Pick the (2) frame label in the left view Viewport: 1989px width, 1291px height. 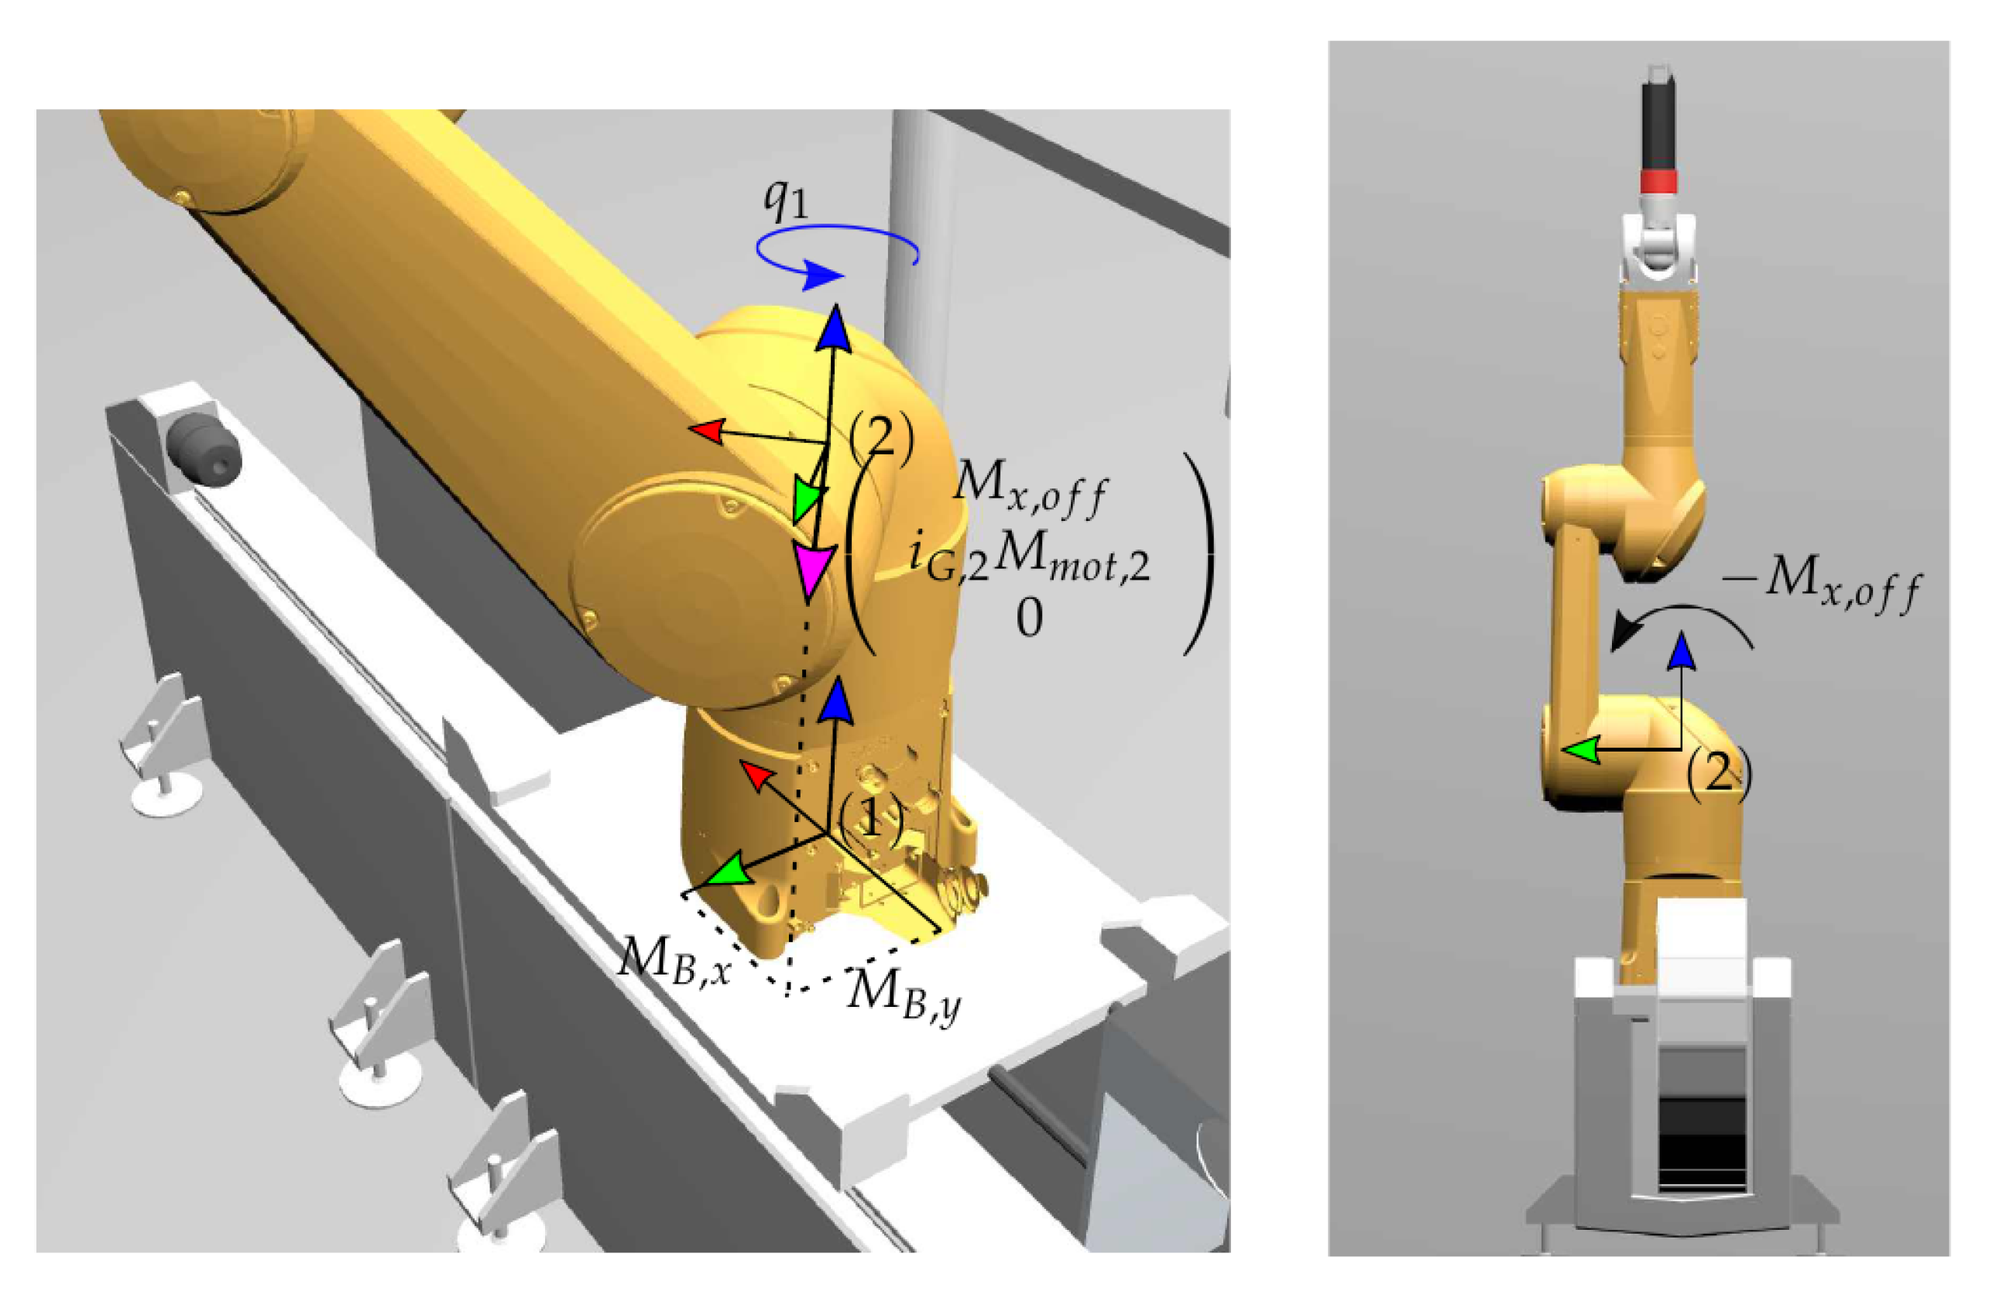[x=882, y=434]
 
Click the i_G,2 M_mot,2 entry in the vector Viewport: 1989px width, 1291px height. [x=1030, y=560]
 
